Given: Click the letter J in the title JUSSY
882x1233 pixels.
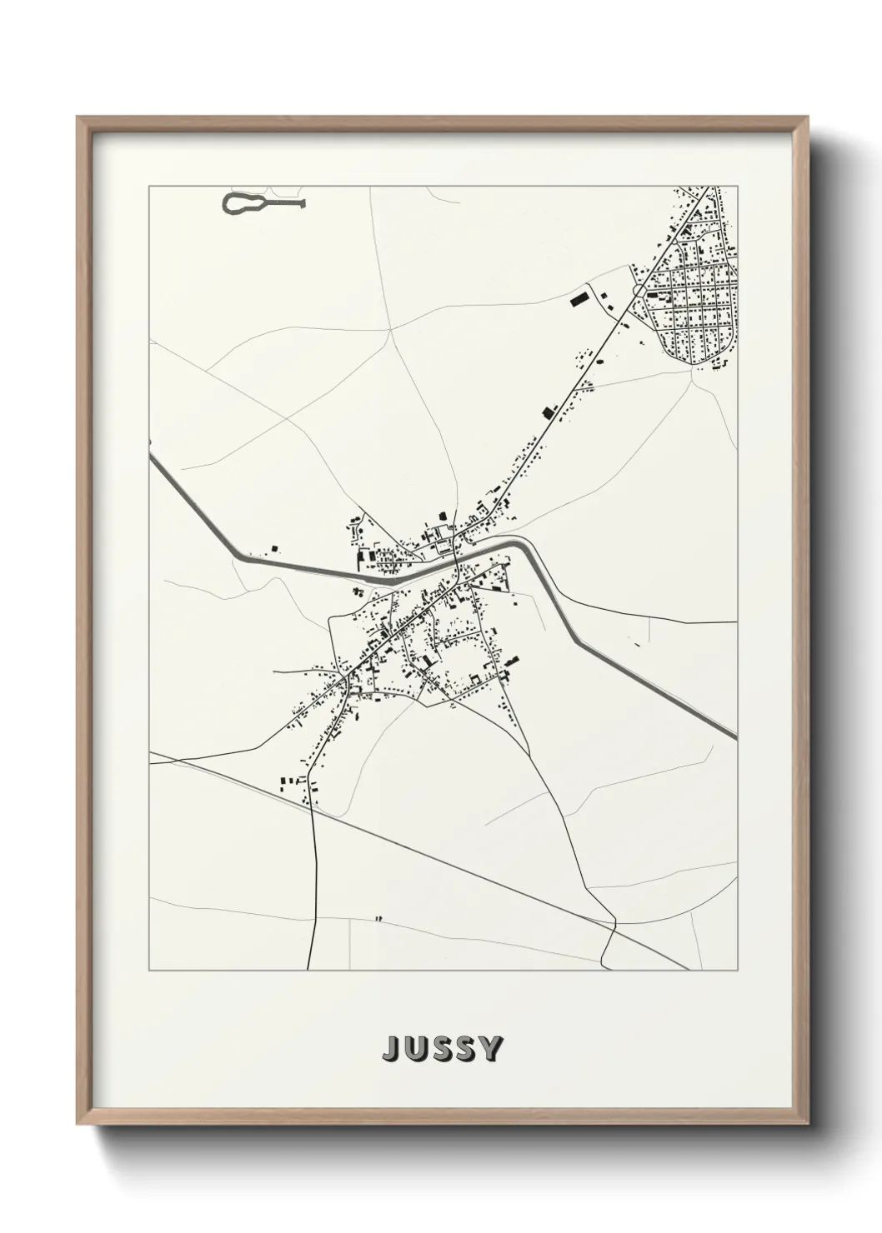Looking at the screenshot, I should pos(391,1049).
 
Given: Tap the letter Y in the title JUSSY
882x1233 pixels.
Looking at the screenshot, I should pos(490,1049).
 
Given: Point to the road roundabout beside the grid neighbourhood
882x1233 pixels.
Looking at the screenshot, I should pos(639,290).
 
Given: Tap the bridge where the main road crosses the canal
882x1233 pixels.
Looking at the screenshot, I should pos(458,565).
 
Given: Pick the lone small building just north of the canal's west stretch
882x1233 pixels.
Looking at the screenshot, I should pos(274,548).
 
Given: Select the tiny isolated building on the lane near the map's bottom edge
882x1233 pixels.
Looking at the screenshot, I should pos(378,919).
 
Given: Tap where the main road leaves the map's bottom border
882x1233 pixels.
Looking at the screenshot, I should pos(308,967).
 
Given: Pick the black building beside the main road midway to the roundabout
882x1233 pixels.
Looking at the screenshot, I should pos(548,412).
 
